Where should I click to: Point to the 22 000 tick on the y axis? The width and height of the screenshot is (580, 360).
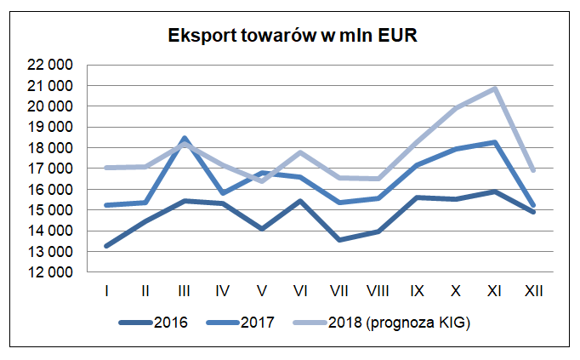[x=49, y=65]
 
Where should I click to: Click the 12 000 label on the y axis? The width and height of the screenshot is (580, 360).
[x=49, y=272]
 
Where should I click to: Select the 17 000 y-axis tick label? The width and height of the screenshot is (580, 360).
[x=49, y=169]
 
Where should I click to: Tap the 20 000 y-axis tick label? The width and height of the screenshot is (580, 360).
[x=49, y=106]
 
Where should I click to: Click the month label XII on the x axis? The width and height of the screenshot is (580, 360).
[x=533, y=291]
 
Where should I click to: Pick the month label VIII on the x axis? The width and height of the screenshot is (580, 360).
[x=378, y=291]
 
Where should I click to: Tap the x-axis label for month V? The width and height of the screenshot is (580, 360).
[x=262, y=291]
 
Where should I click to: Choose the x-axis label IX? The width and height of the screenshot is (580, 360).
[x=417, y=291]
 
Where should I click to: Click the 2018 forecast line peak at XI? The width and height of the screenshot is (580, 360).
[x=494, y=89]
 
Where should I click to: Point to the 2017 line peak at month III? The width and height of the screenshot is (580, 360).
[x=185, y=138]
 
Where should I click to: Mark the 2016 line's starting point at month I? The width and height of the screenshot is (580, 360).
[x=106, y=246]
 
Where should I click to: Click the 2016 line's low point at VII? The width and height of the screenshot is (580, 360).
[x=339, y=240]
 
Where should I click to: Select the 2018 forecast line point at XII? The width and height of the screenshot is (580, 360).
[x=533, y=170]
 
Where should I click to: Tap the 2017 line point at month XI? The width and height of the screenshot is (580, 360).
[x=494, y=142]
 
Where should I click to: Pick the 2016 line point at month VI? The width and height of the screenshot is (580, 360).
[x=300, y=201]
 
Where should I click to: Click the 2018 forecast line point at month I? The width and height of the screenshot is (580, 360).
[x=106, y=168]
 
